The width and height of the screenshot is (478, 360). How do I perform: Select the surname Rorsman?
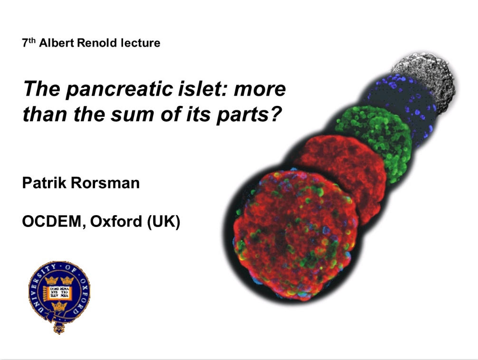pyautogui.click(x=105, y=183)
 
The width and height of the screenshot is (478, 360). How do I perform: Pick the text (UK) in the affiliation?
pyautogui.click(x=163, y=222)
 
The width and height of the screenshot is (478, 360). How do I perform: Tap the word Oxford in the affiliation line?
pyautogui.click(x=116, y=221)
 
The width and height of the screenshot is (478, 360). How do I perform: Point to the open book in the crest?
pyautogui.click(x=59, y=294)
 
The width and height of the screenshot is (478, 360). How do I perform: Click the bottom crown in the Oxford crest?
pyautogui.click(x=59, y=306)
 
